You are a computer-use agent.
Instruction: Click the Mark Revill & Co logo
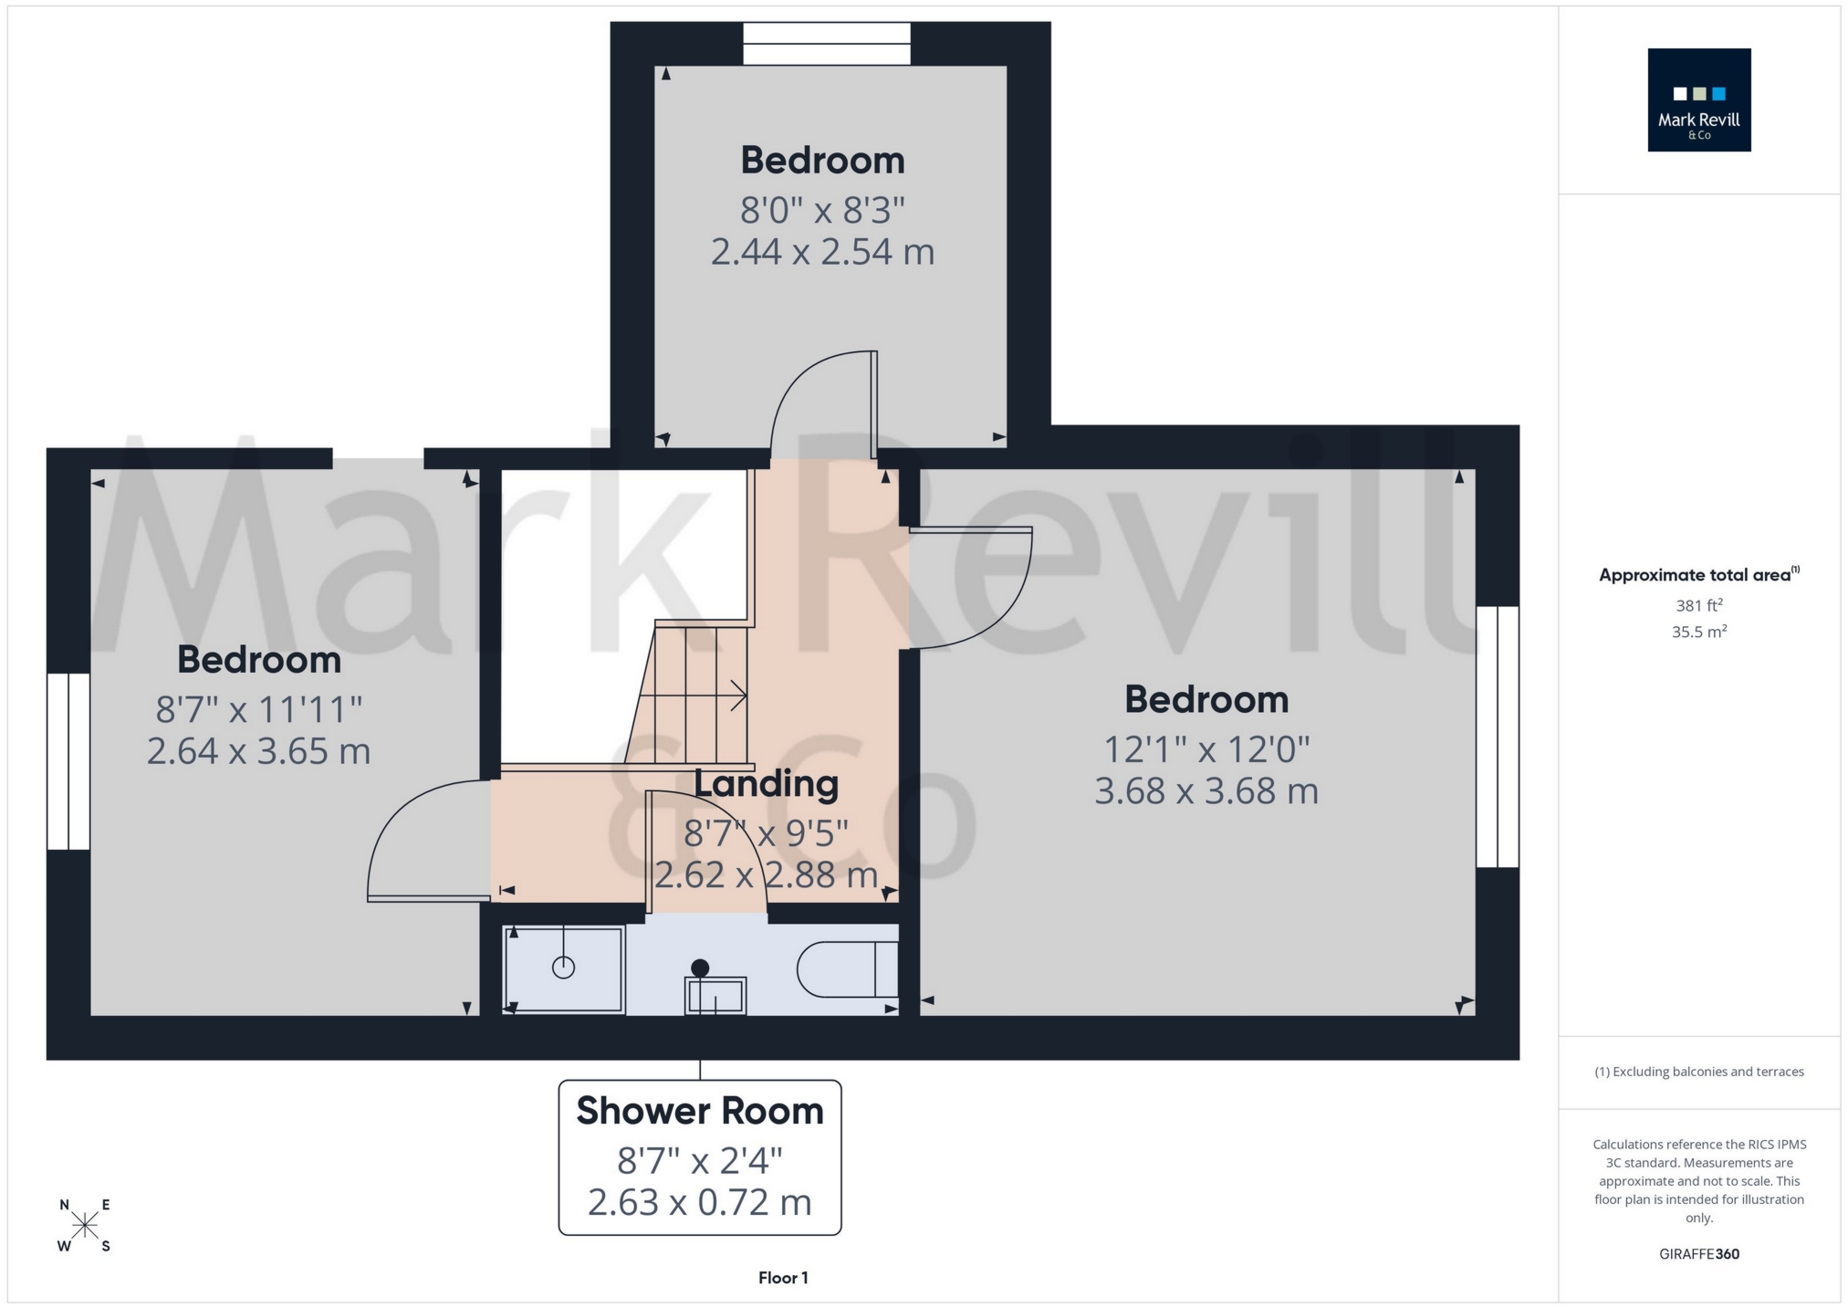(1698, 99)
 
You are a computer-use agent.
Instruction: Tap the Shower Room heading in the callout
(700, 1111)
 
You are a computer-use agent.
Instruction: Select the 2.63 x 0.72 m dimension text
(700, 1202)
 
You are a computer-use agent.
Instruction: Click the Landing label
(766, 783)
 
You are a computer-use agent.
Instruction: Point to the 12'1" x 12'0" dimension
(1206, 749)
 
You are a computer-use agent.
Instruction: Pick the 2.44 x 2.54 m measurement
(822, 251)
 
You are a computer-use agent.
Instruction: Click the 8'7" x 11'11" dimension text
(259, 709)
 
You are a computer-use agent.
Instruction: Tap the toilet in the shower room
(845, 968)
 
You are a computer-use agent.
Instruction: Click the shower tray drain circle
(563, 968)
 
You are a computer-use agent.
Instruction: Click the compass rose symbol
(85, 1225)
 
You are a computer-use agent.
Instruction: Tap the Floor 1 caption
(783, 1278)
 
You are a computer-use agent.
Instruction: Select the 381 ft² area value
(1698, 605)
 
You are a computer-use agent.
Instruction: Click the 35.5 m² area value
(1698, 632)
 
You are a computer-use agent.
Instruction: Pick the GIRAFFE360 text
(1698, 1254)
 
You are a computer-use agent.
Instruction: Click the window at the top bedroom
(827, 44)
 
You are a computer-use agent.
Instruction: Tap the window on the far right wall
(1498, 737)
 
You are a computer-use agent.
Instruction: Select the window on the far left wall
(68, 761)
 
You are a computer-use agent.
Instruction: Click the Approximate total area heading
(1698, 575)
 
